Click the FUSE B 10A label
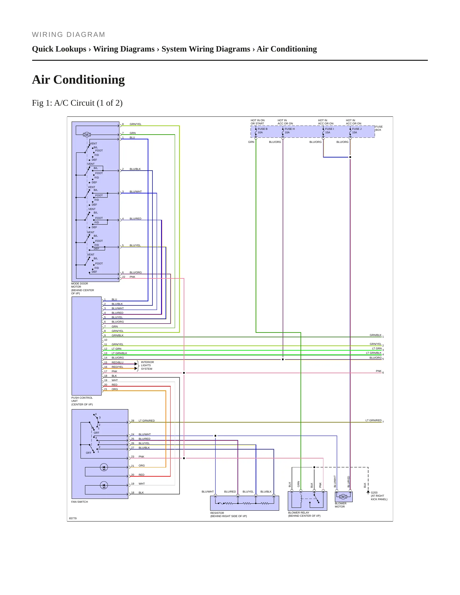click(x=263, y=131)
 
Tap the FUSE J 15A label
click(x=357, y=131)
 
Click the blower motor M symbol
click(x=343, y=497)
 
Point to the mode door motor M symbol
click(x=87, y=135)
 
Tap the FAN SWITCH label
click(x=80, y=502)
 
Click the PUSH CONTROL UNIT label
click(x=82, y=401)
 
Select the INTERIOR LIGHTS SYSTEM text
click(x=147, y=365)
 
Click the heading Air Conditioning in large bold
click(x=78, y=80)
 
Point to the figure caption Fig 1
click(x=77, y=103)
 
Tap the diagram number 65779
click(x=73, y=518)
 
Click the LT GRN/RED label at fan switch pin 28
click(x=146, y=421)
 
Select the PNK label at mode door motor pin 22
click(x=132, y=277)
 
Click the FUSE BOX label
click(x=379, y=128)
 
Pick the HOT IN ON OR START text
click(x=258, y=122)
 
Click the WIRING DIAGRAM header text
click(x=68, y=35)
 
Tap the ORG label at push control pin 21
click(x=115, y=389)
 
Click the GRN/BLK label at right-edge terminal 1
click(x=375, y=335)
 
